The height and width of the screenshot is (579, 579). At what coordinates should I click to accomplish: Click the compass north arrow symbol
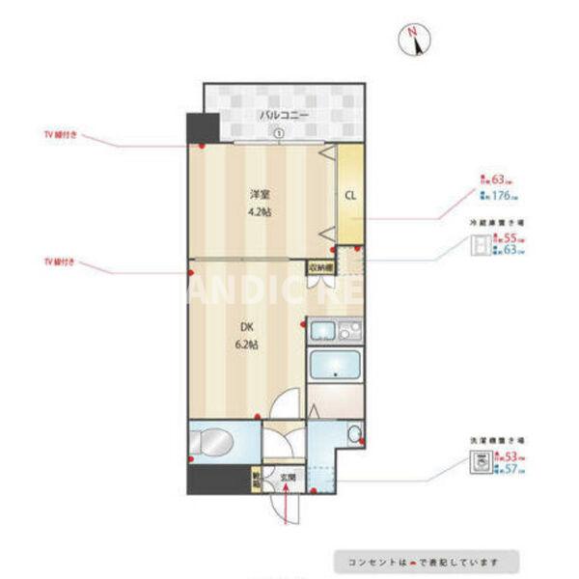point(414,41)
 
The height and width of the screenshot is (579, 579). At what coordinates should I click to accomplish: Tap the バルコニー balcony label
point(283,116)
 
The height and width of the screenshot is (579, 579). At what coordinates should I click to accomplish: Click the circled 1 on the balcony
point(277,134)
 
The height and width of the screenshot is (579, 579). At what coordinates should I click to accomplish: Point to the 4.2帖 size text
point(259,211)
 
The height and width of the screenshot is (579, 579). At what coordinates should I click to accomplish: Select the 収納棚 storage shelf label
point(320,267)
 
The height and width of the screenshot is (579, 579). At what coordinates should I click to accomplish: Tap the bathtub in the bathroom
point(334,368)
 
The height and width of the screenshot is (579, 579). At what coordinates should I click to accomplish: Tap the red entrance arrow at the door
point(287,505)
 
